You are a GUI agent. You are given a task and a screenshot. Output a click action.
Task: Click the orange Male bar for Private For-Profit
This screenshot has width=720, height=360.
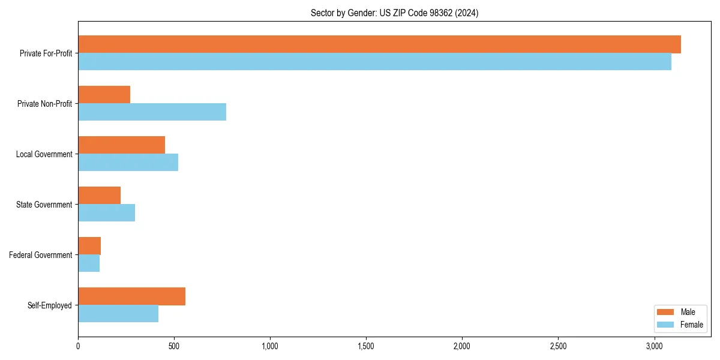pyautogui.click(x=379, y=44)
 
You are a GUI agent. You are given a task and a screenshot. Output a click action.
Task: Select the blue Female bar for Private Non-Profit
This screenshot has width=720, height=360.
pyautogui.click(x=152, y=112)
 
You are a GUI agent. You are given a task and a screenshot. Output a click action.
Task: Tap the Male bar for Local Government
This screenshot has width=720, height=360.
pyautogui.click(x=121, y=145)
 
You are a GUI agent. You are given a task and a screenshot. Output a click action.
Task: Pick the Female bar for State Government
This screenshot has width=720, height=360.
pyautogui.click(x=106, y=213)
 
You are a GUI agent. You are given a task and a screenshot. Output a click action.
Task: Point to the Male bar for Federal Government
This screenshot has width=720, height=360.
pyautogui.click(x=89, y=246)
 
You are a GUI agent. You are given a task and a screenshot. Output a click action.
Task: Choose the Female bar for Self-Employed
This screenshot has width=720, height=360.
pyautogui.click(x=118, y=314)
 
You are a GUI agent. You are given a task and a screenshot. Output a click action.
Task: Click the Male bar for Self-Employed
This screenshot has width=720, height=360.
pyautogui.click(x=131, y=296)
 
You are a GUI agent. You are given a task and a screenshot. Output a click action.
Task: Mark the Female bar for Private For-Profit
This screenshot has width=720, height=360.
pyautogui.click(x=374, y=62)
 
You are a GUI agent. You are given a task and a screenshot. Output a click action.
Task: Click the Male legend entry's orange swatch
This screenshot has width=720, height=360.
pyautogui.click(x=666, y=312)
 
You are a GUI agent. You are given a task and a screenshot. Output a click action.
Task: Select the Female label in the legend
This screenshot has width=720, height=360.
pyautogui.click(x=692, y=325)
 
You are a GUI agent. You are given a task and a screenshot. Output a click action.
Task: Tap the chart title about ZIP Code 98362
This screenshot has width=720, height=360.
pyautogui.click(x=394, y=13)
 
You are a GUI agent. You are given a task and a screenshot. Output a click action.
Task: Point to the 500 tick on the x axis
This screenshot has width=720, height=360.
pyautogui.click(x=174, y=346)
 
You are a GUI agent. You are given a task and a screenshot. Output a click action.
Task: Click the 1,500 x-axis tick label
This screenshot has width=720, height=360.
pyautogui.click(x=366, y=346)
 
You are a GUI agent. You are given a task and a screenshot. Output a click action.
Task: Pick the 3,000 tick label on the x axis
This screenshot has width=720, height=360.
pyautogui.click(x=654, y=346)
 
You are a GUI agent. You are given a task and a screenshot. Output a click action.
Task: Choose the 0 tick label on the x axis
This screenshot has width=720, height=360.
pyautogui.click(x=78, y=346)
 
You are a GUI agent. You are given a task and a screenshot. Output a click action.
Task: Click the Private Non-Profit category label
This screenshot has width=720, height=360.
pyautogui.click(x=44, y=104)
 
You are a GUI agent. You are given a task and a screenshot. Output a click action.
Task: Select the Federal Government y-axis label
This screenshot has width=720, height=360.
pyautogui.click(x=41, y=255)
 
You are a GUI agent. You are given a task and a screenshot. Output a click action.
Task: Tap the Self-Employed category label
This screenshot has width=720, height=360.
pyautogui.click(x=50, y=305)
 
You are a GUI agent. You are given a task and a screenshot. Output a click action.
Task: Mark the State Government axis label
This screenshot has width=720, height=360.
pyautogui.click(x=44, y=205)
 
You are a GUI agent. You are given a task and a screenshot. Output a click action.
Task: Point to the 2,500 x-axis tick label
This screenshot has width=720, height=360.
pyautogui.click(x=558, y=346)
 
